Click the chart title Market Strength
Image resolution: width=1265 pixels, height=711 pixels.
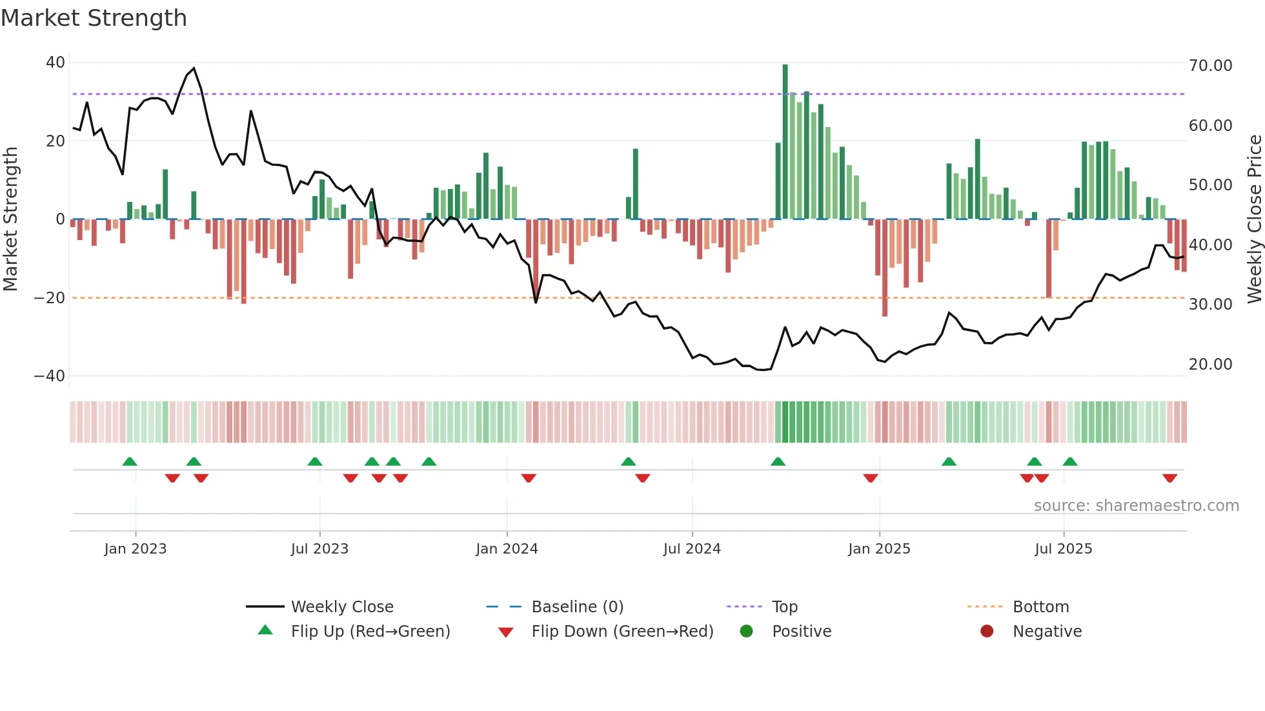coord(94,18)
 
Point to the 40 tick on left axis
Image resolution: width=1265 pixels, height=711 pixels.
coord(56,63)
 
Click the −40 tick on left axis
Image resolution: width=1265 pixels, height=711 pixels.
coord(50,376)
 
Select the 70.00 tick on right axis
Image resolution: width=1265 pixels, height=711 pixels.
coord(1210,66)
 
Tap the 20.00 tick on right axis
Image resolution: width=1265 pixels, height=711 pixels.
coord(1210,365)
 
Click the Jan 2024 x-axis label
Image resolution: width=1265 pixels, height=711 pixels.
coord(507,549)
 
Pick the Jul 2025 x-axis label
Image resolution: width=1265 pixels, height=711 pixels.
coord(1063,549)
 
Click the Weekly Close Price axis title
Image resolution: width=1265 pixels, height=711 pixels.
coord(1254,219)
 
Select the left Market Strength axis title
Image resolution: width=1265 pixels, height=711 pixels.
coord(10,219)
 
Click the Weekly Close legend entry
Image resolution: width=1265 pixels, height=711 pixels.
coord(341,607)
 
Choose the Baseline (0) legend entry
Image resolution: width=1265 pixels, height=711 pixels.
coord(577,607)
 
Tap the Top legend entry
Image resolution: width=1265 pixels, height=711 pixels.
coord(784,607)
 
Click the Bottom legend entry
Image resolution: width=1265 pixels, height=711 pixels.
coord(1040,607)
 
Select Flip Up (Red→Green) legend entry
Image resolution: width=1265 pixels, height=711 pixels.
coord(370,632)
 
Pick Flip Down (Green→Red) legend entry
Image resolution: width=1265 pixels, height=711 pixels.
coord(622,632)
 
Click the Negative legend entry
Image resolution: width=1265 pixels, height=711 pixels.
coord(1046,632)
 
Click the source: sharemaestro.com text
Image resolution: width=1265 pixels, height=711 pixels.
coord(1136,506)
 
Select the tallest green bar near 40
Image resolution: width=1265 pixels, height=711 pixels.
coord(785,142)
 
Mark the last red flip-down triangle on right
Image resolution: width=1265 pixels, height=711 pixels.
coord(1169,478)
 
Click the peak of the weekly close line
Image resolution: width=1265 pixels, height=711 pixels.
coord(194,68)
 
